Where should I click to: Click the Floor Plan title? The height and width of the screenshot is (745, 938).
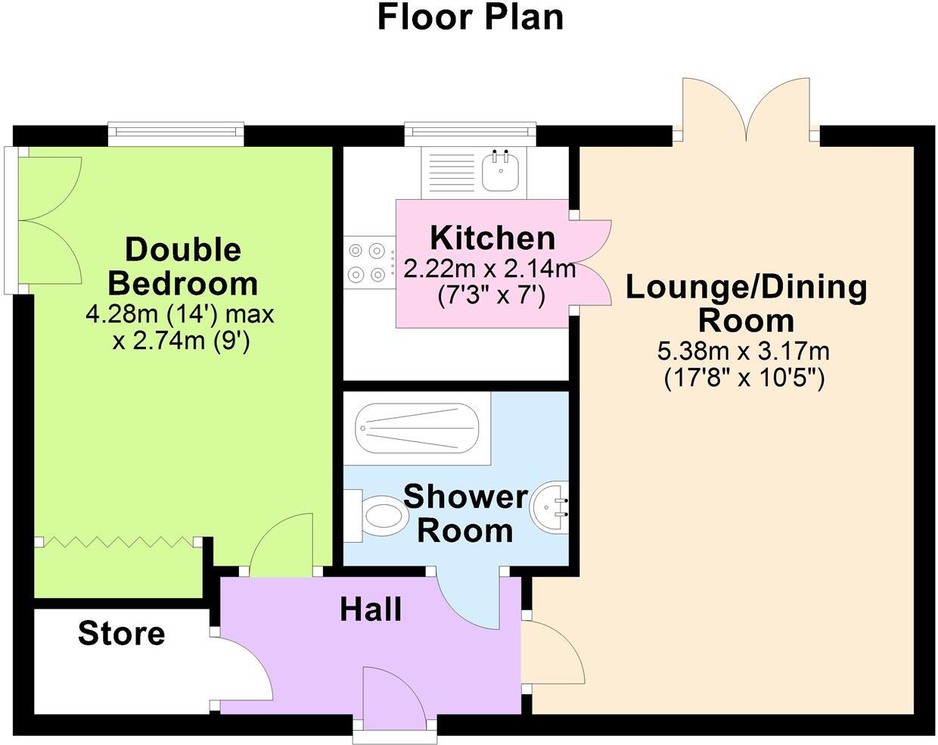pyautogui.click(x=470, y=17)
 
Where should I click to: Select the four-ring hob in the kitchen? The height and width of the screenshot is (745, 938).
pyautogui.click(x=368, y=262)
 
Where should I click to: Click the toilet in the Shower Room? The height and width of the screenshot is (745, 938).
pyautogui.click(x=381, y=516)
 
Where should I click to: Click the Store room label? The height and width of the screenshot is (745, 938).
pyautogui.click(x=121, y=633)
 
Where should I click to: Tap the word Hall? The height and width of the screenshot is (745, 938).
pyautogui.click(x=370, y=609)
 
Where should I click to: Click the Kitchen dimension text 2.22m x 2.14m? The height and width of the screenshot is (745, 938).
pyautogui.click(x=489, y=269)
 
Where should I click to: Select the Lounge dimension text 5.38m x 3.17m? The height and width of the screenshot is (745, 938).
pyautogui.click(x=744, y=351)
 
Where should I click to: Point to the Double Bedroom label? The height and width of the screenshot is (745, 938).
pyautogui.click(x=182, y=266)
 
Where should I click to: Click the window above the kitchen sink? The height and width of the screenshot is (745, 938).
pyautogui.click(x=470, y=134)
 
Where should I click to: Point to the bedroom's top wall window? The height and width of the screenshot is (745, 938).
pyautogui.click(x=175, y=134)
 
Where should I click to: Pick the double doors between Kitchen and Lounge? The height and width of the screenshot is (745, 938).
pyautogui.click(x=591, y=263)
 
